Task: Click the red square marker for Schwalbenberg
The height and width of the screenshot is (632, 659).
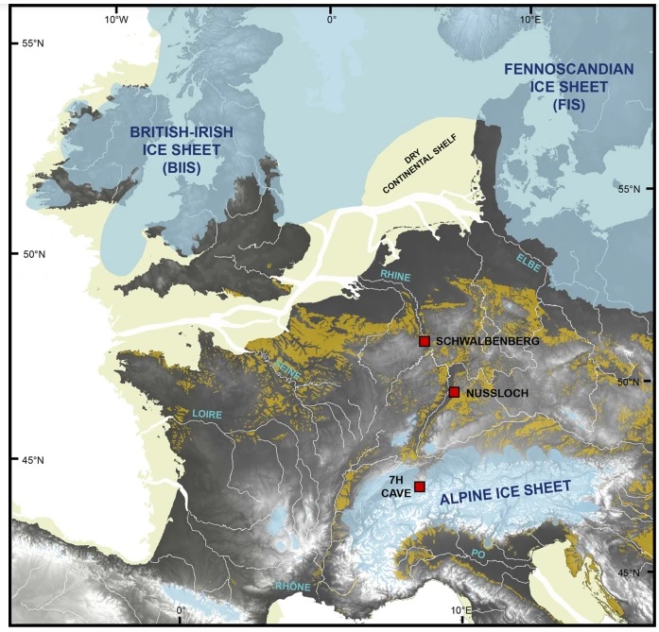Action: pyautogui.click(x=425, y=341)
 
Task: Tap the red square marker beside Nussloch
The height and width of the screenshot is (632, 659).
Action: pyautogui.click(x=455, y=392)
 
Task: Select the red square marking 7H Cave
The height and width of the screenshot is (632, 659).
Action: pyautogui.click(x=420, y=487)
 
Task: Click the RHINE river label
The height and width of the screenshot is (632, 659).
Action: pyautogui.click(x=395, y=275)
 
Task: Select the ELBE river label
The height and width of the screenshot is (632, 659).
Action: pyautogui.click(x=529, y=263)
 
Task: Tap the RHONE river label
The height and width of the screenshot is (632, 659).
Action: pyautogui.click(x=293, y=587)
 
